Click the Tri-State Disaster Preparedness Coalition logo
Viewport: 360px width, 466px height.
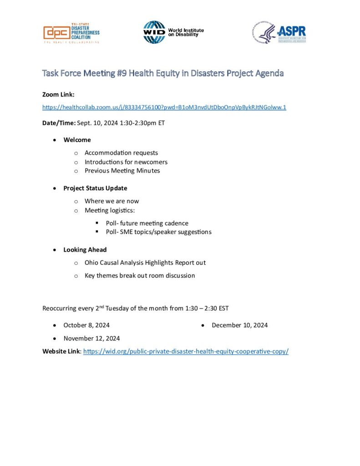point(71,33)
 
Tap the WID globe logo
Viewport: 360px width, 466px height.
point(154,32)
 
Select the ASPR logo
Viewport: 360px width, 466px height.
point(279,33)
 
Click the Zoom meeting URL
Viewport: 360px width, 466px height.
point(164,107)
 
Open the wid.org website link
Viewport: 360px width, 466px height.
point(186,351)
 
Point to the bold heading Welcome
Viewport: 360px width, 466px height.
point(77,140)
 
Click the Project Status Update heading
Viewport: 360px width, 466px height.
point(95,188)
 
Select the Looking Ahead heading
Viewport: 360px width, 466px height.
point(85,249)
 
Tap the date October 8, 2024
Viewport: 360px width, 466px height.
point(86,325)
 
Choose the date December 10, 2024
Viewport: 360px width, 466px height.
point(239,325)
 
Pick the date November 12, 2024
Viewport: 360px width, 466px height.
point(91,338)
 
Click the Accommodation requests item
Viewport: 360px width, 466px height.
point(121,153)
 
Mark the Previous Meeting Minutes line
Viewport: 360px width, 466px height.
point(122,171)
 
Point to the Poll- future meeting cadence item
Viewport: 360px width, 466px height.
point(147,223)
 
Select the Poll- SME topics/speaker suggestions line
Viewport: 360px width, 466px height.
point(158,232)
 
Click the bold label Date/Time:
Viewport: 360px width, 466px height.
point(59,123)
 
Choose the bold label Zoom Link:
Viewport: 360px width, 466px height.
point(58,94)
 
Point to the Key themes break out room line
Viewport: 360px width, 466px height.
point(139,275)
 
